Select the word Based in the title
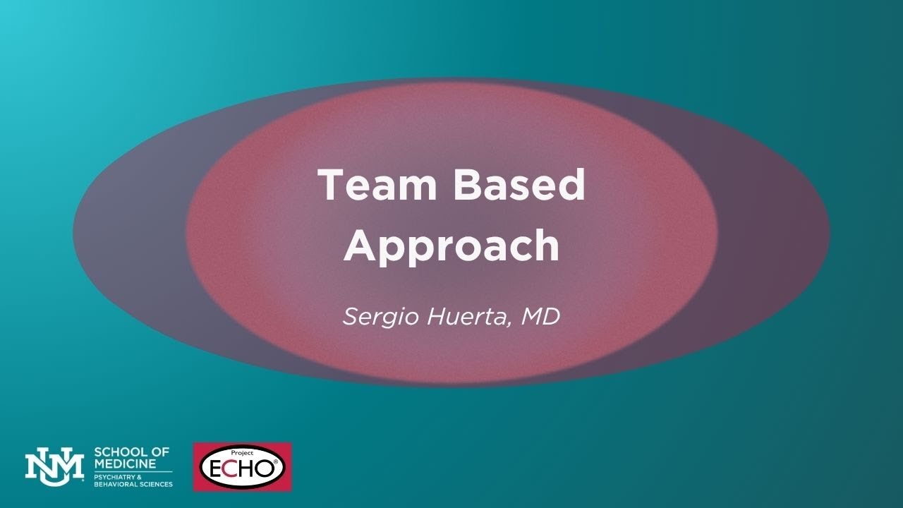519,186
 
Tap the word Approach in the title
451,246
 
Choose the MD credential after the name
540,316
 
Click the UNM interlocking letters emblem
54,466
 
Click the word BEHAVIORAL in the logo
115,484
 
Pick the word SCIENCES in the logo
154,484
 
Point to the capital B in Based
466,186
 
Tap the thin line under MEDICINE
133,471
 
